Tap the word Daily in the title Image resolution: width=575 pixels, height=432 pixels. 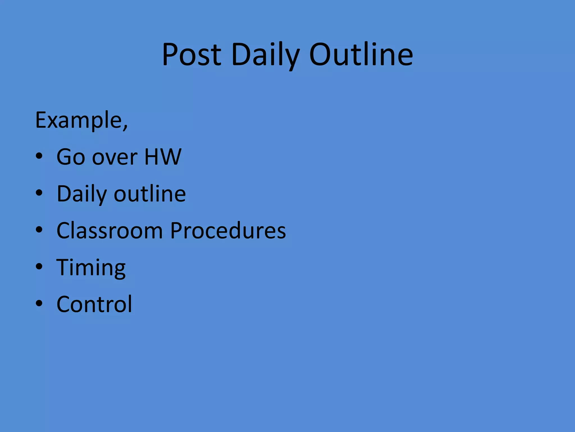point(265,55)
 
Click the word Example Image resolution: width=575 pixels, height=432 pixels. point(78,120)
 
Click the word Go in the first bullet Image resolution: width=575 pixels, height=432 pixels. point(71,157)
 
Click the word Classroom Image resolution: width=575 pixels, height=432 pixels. point(110,231)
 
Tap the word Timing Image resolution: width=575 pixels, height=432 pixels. point(91,268)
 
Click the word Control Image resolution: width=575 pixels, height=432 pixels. point(94,304)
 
